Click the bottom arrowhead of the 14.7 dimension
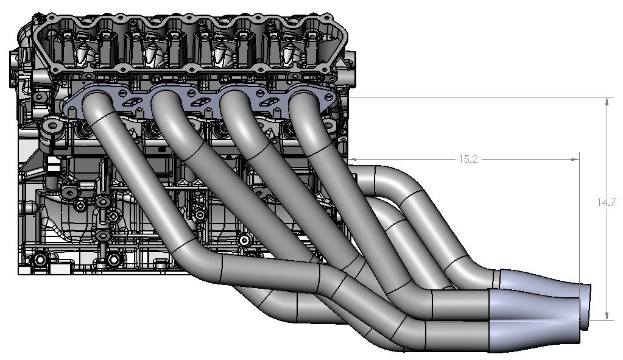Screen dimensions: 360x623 click(607, 315)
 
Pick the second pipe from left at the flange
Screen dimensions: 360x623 click(167, 107)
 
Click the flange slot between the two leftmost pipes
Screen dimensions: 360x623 click(130, 101)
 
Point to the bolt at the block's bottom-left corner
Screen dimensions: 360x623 click(40, 260)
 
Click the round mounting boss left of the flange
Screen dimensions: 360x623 click(52, 129)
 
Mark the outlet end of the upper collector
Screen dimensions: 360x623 click(588, 294)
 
